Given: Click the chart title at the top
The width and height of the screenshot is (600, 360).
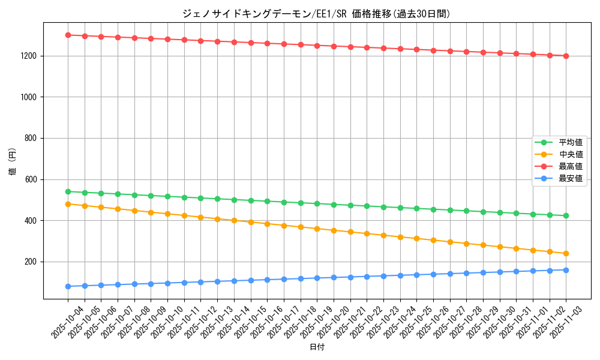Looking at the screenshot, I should click(x=316, y=14).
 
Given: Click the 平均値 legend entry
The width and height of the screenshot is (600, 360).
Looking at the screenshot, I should click(x=570, y=143).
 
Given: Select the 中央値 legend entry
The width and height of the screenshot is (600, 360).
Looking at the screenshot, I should click(x=570, y=155).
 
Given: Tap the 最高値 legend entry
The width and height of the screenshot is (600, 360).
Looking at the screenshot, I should click(x=570, y=166).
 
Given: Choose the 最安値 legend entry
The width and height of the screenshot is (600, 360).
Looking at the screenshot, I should click(x=570, y=178).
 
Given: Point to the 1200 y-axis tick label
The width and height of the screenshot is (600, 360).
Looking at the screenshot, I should click(x=28, y=56).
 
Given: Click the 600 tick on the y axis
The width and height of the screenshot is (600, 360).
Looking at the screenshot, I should click(x=31, y=179).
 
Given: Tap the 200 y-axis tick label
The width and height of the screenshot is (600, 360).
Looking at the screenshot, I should click(x=31, y=262).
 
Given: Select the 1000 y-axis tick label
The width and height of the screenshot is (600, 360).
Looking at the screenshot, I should click(x=28, y=97).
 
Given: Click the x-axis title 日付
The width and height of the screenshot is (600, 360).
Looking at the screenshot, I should click(x=317, y=347).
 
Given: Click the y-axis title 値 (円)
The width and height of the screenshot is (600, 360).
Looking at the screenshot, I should click(x=13, y=163).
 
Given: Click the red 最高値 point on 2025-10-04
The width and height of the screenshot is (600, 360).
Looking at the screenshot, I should click(x=68, y=35).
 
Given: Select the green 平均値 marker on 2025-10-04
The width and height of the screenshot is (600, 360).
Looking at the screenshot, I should click(x=68, y=192).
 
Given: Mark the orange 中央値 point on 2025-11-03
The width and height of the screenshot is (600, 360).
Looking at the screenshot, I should click(x=566, y=254).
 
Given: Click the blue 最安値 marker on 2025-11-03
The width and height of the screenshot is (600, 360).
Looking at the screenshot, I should click(x=566, y=270).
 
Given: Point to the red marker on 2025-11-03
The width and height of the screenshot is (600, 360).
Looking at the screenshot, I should click(x=566, y=56).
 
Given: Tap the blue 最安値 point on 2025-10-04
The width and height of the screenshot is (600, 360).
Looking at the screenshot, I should click(x=68, y=286).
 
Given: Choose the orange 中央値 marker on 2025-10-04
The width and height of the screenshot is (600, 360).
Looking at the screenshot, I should click(x=68, y=204).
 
